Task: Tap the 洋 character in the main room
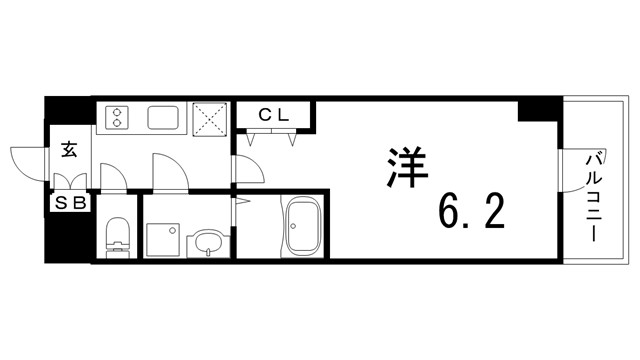coord(403,166)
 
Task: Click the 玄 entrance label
coord(70,150)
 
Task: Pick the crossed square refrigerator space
coord(211,119)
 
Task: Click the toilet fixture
coord(118,234)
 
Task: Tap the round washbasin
coord(207,241)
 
